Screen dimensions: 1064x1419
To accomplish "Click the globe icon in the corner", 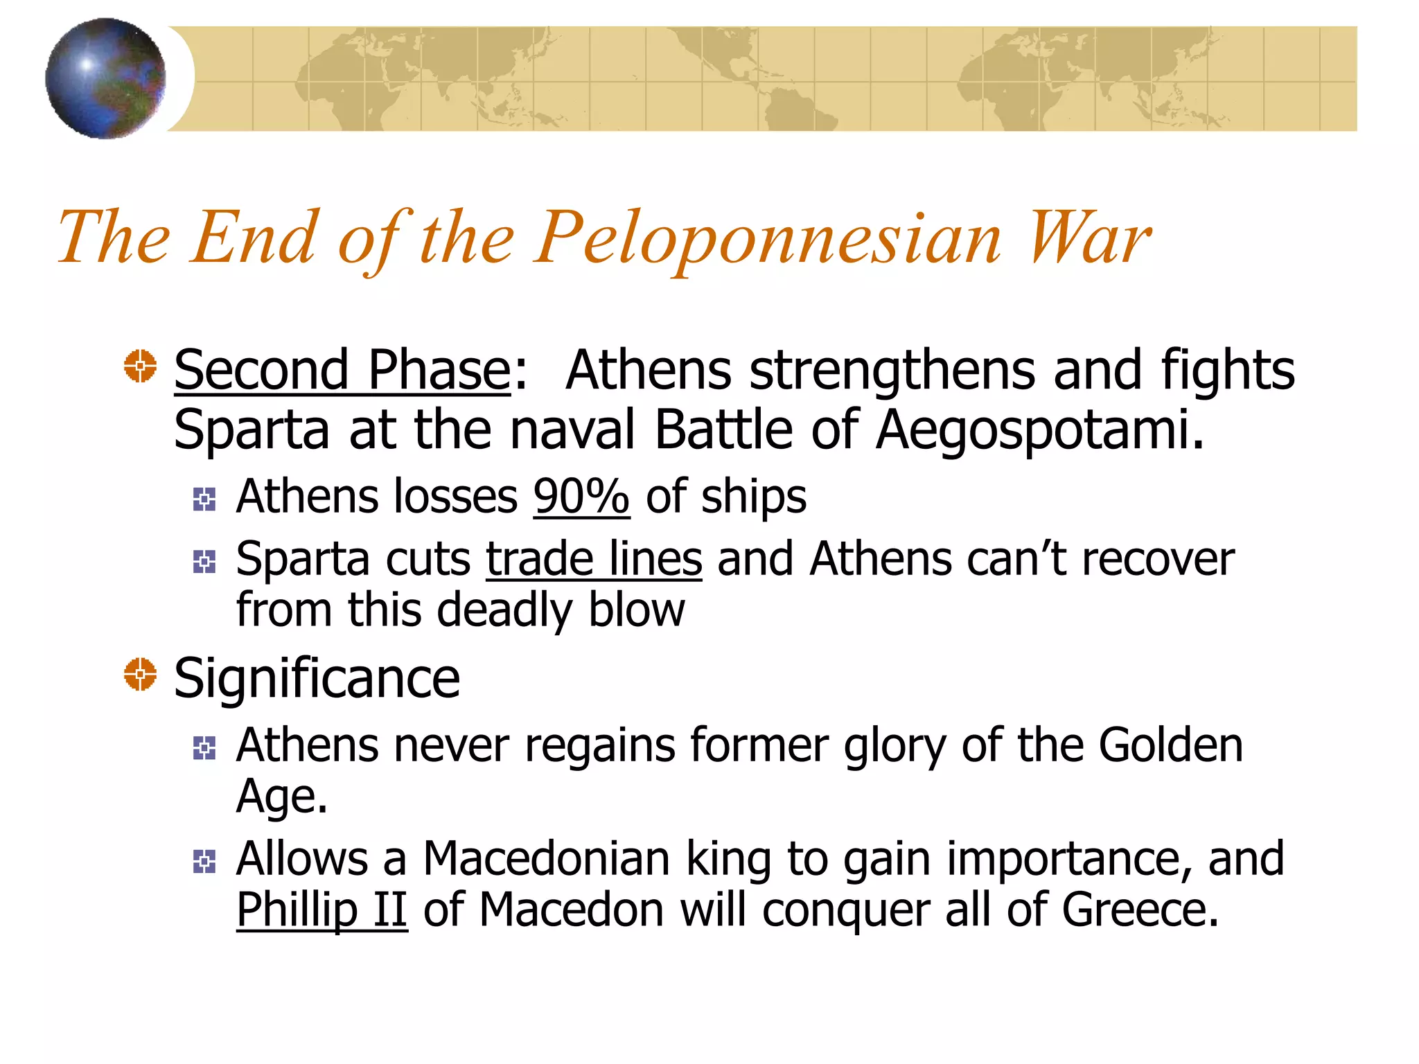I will pos(105,78).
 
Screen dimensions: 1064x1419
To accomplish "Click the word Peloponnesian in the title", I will pos(768,239).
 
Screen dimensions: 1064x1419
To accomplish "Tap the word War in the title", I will pos(1089,239).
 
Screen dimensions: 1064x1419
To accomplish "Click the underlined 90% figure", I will pos(581,497).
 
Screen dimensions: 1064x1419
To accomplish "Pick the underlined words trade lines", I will pos(594,559).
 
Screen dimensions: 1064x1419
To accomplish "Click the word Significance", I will pos(317,679).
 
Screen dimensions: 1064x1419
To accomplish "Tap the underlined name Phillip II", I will pos(321,910).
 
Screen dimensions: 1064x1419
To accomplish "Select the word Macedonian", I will pos(546,859).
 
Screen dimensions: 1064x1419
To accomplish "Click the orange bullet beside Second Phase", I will pos(140,366).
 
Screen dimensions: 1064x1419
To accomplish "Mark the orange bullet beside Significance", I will pos(140,674).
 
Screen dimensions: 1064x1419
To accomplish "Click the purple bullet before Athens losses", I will pos(204,499).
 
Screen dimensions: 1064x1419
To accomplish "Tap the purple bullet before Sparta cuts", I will pos(204,561).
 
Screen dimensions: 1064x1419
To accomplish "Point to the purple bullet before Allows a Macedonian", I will pos(204,862).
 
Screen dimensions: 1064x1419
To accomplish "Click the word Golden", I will pos(1170,746).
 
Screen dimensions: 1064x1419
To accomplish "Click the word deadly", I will pos(505,611).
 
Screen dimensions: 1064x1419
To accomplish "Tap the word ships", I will pos(753,497).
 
